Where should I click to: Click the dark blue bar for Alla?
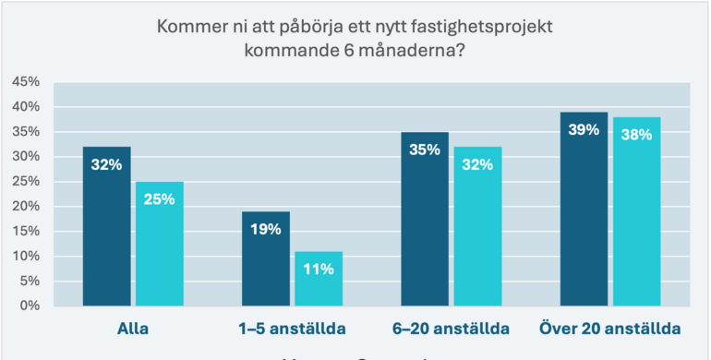point(106,226)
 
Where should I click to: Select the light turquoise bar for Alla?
point(160,244)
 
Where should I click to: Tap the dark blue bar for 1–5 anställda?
point(266,258)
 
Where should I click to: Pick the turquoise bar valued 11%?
point(319,278)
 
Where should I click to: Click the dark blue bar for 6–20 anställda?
point(425,219)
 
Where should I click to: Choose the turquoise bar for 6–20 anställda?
point(477,226)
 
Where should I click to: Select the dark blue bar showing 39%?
point(584,209)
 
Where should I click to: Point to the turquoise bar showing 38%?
point(637,211)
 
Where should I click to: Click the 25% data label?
point(160,198)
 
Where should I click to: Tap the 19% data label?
point(266,229)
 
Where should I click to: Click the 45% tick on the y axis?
point(25,82)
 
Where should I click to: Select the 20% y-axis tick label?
point(25,206)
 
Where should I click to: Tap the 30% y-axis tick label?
point(25,157)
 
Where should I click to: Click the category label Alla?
point(133,329)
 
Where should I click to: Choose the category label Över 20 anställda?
point(610,329)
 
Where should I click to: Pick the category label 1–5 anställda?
point(292,329)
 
